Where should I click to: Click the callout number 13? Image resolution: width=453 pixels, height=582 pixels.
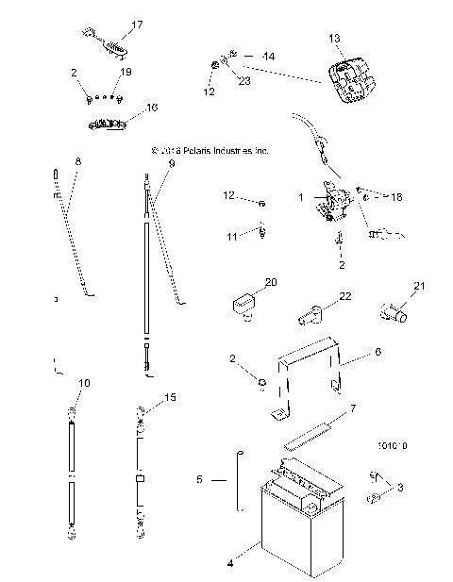(x=334, y=39)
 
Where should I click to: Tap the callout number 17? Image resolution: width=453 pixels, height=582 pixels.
(x=137, y=24)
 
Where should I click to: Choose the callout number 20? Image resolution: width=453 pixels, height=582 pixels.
(x=271, y=282)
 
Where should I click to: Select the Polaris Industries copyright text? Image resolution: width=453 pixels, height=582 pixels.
(x=210, y=150)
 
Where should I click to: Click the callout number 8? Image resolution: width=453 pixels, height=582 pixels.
(x=77, y=161)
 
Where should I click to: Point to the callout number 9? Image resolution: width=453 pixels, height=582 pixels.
(x=172, y=163)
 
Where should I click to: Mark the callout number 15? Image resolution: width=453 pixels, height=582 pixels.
(x=171, y=398)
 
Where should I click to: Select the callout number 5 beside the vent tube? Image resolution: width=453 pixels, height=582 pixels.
(x=199, y=480)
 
